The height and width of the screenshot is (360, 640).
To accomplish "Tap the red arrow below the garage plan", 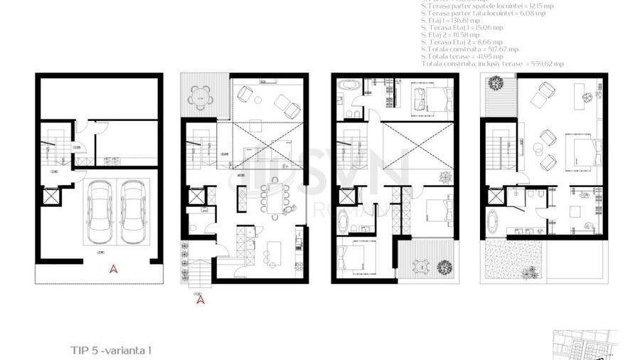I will click(112, 269).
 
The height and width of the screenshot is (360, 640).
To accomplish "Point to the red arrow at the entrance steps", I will click(201, 300).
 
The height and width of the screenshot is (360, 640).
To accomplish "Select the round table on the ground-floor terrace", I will click(204, 99).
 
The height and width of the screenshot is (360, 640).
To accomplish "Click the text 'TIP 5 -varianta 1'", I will click(112, 350).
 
